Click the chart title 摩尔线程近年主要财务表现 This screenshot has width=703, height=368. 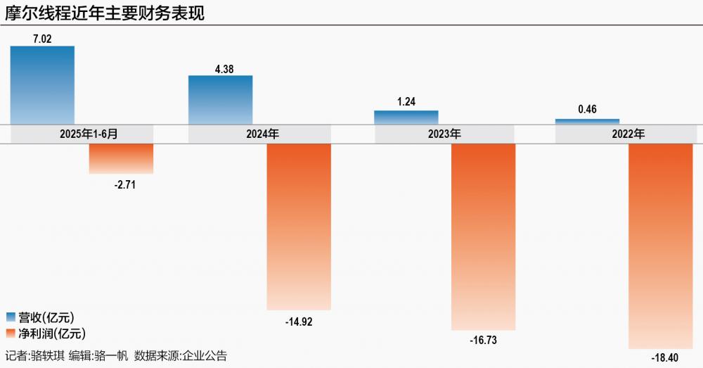(105, 13)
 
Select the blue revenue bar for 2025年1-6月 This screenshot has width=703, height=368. (43, 84)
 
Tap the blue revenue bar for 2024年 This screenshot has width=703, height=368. (221, 100)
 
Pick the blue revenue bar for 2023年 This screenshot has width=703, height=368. (406, 118)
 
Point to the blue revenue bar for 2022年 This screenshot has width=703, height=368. (588, 122)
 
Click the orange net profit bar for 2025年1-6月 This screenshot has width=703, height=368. (121, 158)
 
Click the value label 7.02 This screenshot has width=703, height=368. (43, 39)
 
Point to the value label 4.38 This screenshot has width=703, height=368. (221, 68)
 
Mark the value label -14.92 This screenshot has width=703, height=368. (299, 322)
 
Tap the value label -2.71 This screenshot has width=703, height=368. (121, 185)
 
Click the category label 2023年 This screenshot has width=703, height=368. (445, 134)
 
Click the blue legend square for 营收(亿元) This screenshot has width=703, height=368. (11, 317)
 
